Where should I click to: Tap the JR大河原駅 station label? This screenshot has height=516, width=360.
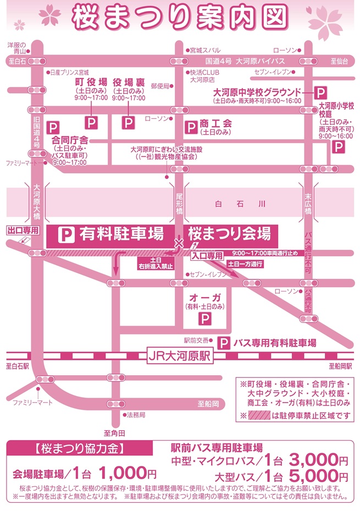pos(180,356)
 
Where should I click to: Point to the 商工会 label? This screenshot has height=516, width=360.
pos(216,124)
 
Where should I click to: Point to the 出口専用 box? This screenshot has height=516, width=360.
pos(23,230)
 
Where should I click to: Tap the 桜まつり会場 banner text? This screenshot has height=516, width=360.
pos(230,234)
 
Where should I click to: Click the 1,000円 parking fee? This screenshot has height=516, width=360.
pos(128,473)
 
